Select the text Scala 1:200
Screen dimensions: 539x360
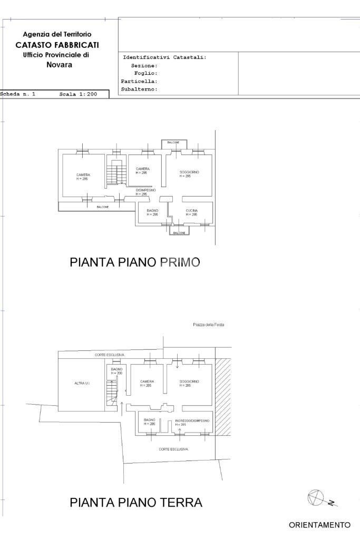click(78, 94)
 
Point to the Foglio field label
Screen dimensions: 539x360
click(146, 74)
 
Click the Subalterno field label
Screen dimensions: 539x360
click(139, 90)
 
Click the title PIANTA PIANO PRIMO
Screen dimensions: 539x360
click(135, 262)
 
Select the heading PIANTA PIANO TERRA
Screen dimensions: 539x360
click(135, 503)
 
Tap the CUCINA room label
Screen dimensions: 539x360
click(191, 212)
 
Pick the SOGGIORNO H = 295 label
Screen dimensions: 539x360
click(189, 174)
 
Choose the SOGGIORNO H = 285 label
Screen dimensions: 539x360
click(188, 383)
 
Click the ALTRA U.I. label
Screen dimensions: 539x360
click(82, 383)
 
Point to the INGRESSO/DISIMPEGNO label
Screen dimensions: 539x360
click(192, 422)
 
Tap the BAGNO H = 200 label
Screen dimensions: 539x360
click(116, 371)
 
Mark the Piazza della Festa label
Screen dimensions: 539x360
click(209, 325)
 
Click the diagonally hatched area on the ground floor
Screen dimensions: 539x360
click(223, 396)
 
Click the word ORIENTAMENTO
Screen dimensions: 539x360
click(319, 525)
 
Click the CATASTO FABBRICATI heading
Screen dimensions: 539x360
click(57, 45)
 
